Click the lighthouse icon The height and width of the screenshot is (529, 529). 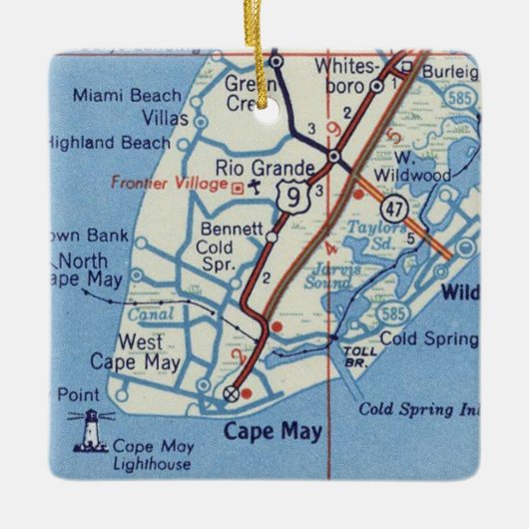click(91, 430)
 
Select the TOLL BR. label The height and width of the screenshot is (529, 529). click(355, 356)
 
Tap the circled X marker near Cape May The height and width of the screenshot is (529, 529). click(233, 392)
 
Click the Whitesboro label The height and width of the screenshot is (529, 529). click(343, 75)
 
